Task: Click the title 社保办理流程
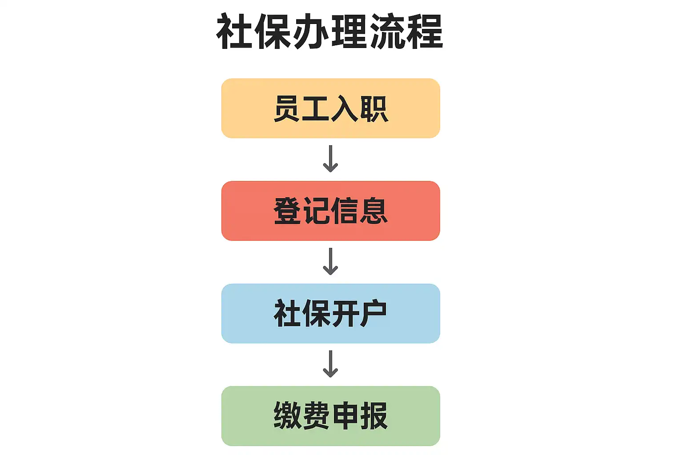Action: coord(329,31)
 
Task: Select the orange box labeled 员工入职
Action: coord(330,108)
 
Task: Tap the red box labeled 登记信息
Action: coord(330,211)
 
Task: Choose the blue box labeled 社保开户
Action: coord(330,313)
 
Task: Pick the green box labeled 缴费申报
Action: coord(330,416)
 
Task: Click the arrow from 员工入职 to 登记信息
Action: coord(330,159)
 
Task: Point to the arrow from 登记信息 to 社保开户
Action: coord(330,261)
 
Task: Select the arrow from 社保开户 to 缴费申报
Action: coord(330,364)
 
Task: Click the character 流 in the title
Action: coord(386,31)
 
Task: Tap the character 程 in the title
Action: coord(425,31)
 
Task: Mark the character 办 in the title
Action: coord(311,31)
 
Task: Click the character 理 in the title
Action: coord(349,31)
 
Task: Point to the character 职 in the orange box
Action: coord(374,109)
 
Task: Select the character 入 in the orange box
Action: coord(345,109)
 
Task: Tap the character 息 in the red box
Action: coord(374,211)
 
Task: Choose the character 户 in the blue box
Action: coord(373,313)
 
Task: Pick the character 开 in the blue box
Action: coord(345,313)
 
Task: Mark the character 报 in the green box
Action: coord(374,416)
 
